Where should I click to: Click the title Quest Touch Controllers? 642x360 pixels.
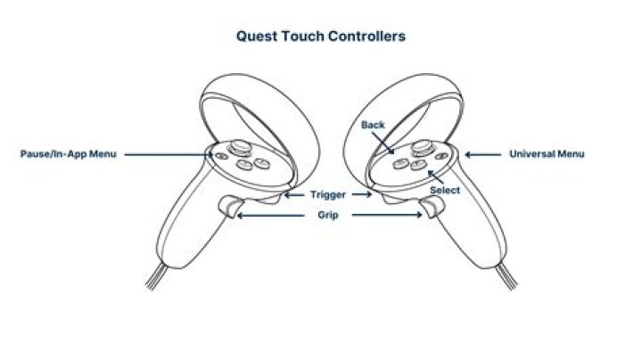pyautogui.click(x=321, y=37)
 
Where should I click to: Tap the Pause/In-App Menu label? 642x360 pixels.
pyautogui.click(x=69, y=154)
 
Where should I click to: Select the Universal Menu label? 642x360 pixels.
pyautogui.click(x=547, y=154)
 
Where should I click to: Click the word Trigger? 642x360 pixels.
pyautogui.click(x=328, y=194)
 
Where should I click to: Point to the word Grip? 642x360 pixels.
pyautogui.click(x=328, y=215)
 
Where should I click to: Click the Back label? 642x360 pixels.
pyautogui.click(x=373, y=125)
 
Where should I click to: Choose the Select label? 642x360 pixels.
pyautogui.click(x=445, y=190)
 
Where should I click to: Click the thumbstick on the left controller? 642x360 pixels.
pyautogui.click(x=240, y=147)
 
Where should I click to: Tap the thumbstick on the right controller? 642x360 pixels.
pyautogui.click(x=422, y=147)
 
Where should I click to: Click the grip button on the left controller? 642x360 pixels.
pyautogui.click(x=231, y=206)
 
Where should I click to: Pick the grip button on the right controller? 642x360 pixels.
pyautogui.click(x=432, y=207)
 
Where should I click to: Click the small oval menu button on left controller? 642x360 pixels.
pyautogui.click(x=221, y=156)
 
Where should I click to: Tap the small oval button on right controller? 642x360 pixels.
pyautogui.click(x=441, y=156)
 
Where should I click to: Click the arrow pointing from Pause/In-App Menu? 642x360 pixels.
pyautogui.click(x=169, y=155)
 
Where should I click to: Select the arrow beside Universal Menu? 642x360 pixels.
pyautogui.click(x=482, y=155)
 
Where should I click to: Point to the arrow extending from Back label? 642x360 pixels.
pyautogui.click(x=383, y=143)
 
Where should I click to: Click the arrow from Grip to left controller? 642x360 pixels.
pyautogui.click(x=271, y=215)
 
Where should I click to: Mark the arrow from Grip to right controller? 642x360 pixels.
pyautogui.click(x=387, y=215)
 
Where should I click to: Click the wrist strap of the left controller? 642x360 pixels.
pyautogui.click(x=156, y=276)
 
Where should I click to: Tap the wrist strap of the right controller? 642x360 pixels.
pyautogui.click(x=506, y=276)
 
